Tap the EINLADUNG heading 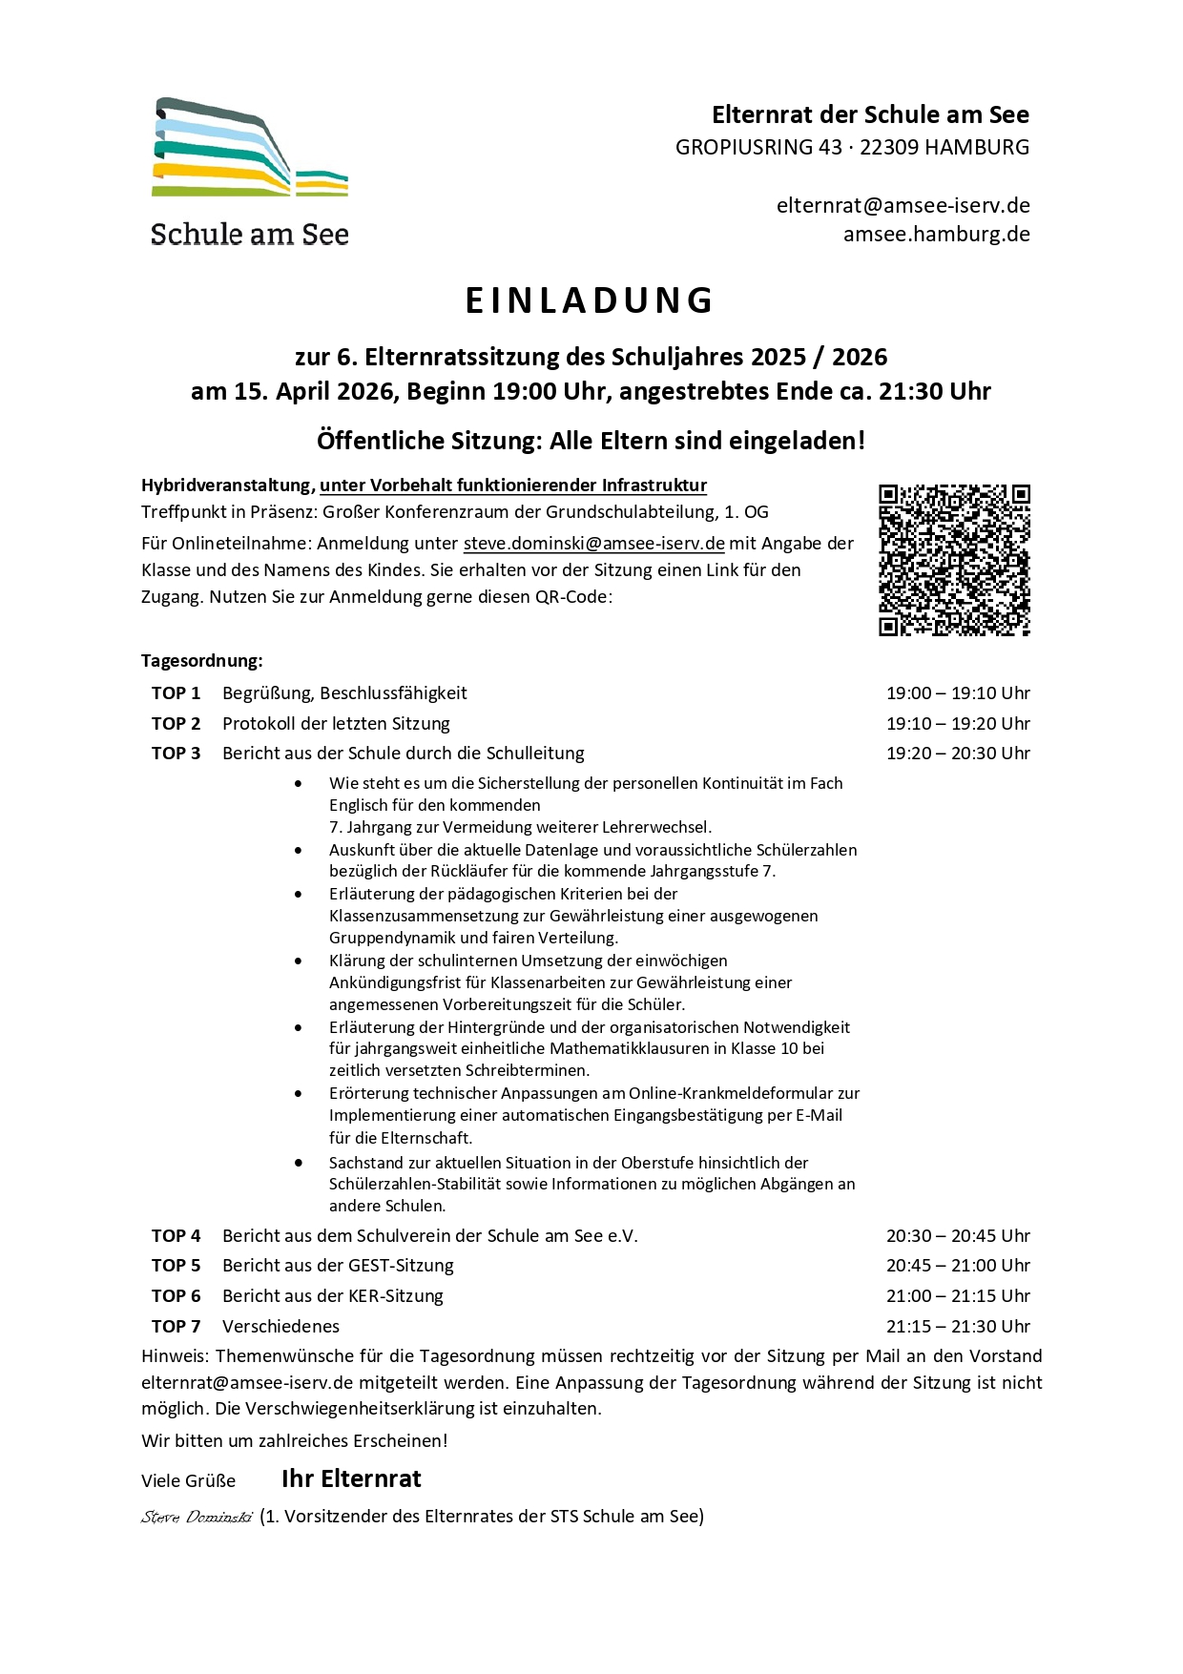(x=591, y=300)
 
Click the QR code (x=954, y=560)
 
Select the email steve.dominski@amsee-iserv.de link (x=593, y=544)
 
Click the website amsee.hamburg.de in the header (x=936, y=235)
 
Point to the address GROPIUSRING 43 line (x=852, y=148)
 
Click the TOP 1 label (x=176, y=693)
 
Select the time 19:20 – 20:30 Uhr (x=958, y=754)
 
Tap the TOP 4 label (x=176, y=1236)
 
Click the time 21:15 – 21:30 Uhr (x=958, y=1327)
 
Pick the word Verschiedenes (x=280, y=1327)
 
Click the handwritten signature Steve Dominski (x=197, y=1517)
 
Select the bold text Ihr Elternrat (x=351, y=1479)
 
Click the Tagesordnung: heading (x=202, y=661)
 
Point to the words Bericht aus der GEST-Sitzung (x=338, y=1266)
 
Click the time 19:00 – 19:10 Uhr (x=958, y=693)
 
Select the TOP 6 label (x=176, y=1296)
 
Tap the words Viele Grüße (x=188, y=1481)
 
